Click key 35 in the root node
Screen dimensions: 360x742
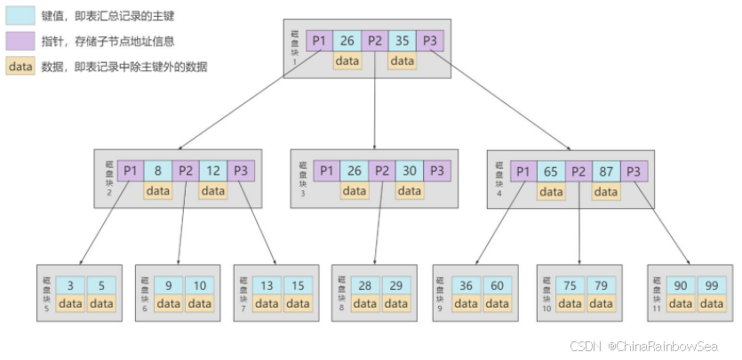click(402, 41)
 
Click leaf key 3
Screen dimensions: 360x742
click(69, 285)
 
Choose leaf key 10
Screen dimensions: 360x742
click(199, 285)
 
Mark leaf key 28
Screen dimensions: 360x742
click(365, 285)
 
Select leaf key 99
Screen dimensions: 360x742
click(712, 285)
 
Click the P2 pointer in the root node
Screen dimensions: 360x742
click(375, 41)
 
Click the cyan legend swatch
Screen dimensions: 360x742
click(20, 17)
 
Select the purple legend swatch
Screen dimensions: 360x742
click(20, 41)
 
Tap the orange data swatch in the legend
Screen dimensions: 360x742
click(20, 66)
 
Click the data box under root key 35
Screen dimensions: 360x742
click(402, 61)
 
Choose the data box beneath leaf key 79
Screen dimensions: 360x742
click(602, 304)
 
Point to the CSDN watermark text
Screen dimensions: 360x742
click(642, 346)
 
